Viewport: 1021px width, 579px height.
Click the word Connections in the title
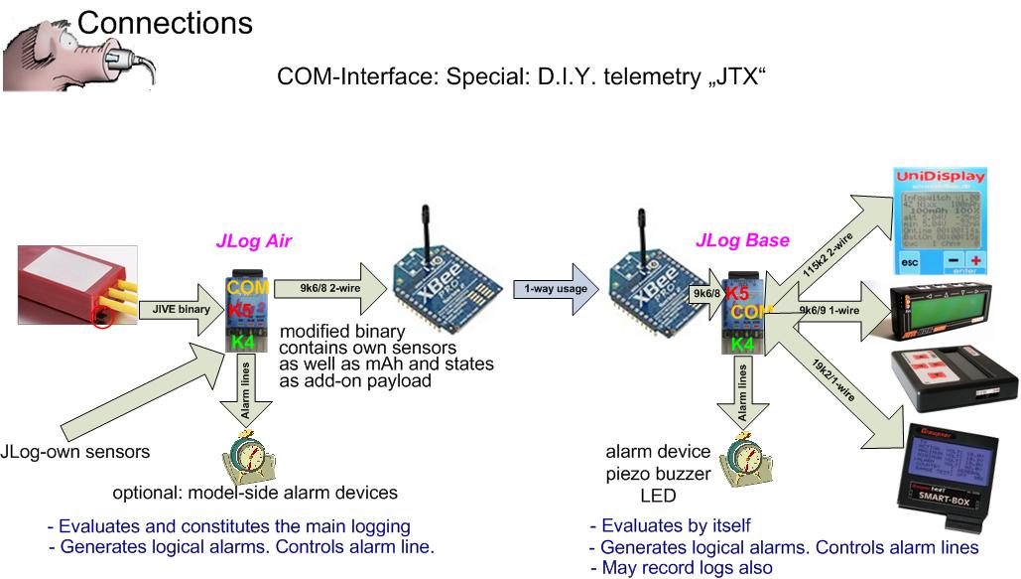(164, 21)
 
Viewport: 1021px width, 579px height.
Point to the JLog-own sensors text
(74, 452)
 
